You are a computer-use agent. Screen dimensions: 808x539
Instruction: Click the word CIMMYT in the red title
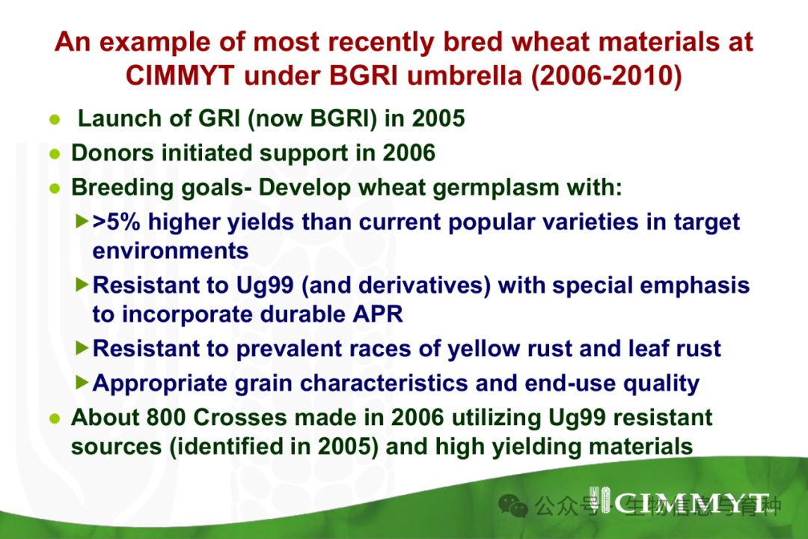pyautogui.click(x=180, y=76)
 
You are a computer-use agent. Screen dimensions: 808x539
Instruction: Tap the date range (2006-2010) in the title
pyautogui.click(x=607, y=76)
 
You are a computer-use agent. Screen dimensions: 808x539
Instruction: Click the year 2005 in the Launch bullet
pyautogui.click(x=438, y=118)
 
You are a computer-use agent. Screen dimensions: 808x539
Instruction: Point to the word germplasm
pyautogui.click(x=496, y=189)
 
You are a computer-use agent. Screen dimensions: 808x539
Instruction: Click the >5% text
pyautogui.click(x=117, y=222)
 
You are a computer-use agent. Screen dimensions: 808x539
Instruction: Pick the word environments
pyautogui.click(x=170, y=252)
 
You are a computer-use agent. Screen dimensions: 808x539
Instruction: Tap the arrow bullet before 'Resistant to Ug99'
pyautogui.click(x=82, y=284)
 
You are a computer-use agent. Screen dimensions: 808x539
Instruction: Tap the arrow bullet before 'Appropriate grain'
pyautogui.click(x=82, y=383)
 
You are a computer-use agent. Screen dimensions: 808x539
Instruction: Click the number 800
pyautogui.click(x=166, y=418)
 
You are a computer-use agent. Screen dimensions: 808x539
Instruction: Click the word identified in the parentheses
pyautogui.click(x=231, y=447)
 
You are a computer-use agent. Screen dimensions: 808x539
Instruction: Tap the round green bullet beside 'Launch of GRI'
pyautogui.click(x=55, y=121)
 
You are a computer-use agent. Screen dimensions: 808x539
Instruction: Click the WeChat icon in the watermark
pyautogui.click(x=513, y=505)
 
